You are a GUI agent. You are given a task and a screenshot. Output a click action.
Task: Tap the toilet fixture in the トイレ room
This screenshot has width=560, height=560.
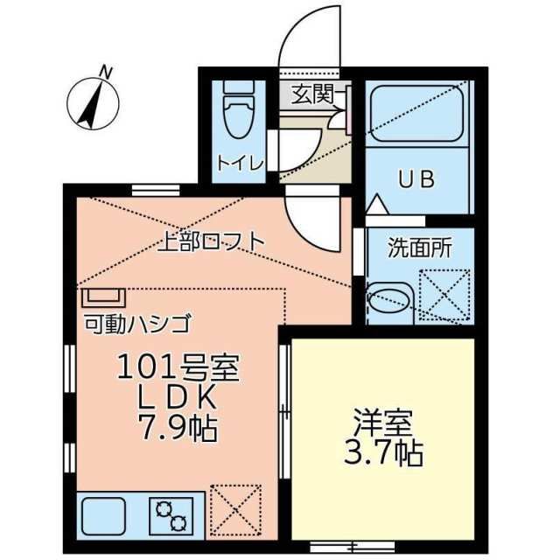coord(236,112)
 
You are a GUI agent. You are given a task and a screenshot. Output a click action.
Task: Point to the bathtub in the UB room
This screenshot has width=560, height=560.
coord(416,115)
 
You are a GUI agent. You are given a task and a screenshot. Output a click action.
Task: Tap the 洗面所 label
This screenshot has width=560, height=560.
coord(420,248)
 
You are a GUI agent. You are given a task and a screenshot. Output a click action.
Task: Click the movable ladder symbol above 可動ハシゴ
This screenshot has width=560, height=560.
coord(103,297)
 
